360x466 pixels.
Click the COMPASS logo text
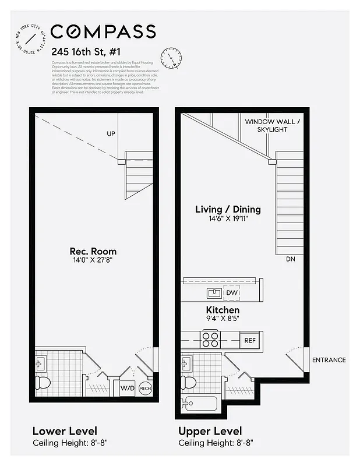[103, 31]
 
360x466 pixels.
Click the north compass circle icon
[171, 57]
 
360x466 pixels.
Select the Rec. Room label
[93, 251]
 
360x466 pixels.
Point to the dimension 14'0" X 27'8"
[93, 260]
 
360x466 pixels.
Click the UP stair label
[111, 134]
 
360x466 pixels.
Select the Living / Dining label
[227, 209]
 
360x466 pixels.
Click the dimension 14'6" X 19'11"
[227, 218]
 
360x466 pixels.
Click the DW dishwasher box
[231, 292]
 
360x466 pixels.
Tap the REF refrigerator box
[249, 340]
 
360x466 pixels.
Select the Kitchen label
[223, 310]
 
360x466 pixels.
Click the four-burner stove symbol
[210, 340]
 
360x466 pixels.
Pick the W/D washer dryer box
[128, 387]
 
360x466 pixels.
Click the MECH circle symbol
[145, 387]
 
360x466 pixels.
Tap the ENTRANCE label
[329, 360]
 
